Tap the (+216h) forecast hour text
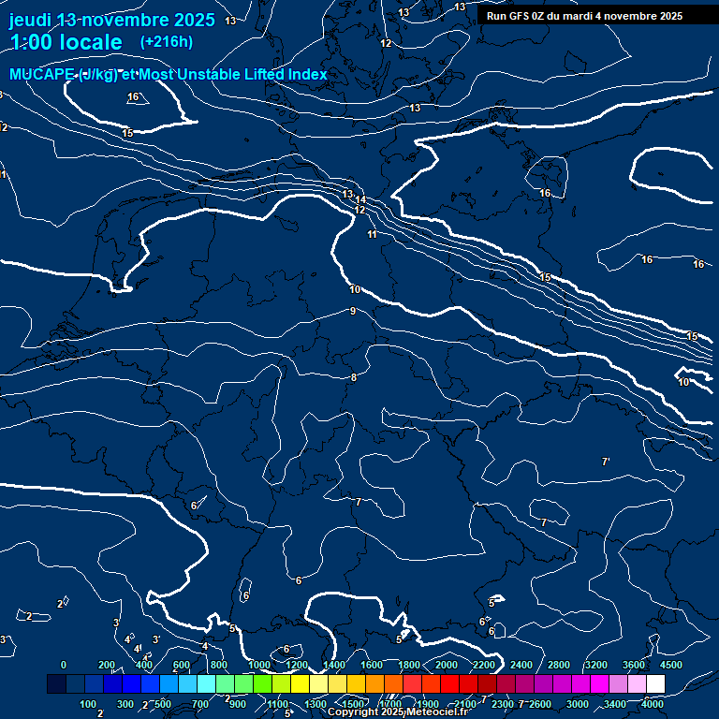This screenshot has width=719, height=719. point(166,41)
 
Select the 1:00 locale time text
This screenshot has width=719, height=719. point(66,42)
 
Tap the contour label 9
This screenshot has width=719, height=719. point(353,311)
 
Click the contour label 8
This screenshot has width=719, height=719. point(353,377)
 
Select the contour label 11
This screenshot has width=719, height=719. point(372,234)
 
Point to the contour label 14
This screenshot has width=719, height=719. point(359,200)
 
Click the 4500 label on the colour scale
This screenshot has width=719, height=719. point(671,665)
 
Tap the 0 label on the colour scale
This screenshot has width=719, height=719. point(64,665)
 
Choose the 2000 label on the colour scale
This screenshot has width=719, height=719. point(447,665)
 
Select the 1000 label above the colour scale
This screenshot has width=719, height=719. point(259,665)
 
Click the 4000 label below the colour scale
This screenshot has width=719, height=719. point(653,704)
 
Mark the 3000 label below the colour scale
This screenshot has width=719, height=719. point(578,704)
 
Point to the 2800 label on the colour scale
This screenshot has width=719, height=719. point(559,665)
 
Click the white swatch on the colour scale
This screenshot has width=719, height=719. point(655,684)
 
